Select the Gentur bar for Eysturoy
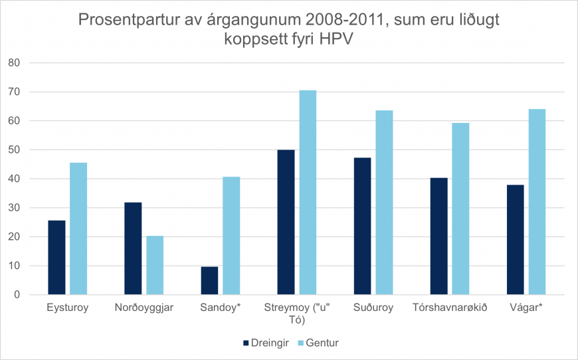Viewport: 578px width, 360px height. coord(78,228)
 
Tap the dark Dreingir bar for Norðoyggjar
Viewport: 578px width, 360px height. coord(133,248)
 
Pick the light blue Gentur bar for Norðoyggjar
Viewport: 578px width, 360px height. coord(155,265)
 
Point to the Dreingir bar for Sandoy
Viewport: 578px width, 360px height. coord(209,280)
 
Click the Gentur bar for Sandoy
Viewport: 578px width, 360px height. coord(231,236)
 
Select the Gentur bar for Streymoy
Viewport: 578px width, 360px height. coord(308,193)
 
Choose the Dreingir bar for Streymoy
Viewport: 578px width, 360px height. coord(286,222)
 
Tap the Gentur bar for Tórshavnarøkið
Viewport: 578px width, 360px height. coord(460,209)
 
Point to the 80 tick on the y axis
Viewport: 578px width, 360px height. coord(15,63)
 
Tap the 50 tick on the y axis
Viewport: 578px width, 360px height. coord(15,150)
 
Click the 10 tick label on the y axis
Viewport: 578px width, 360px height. coord(15,266)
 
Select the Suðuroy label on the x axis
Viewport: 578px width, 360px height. coord(373,308)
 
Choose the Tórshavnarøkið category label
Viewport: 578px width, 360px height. coord(450,308)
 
